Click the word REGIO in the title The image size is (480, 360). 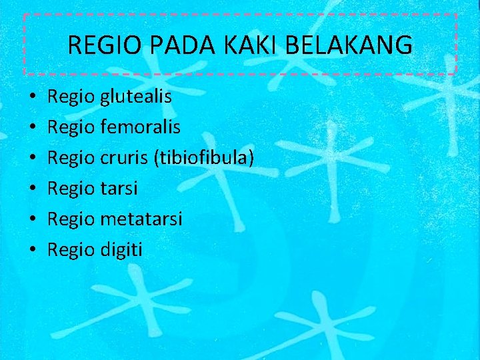point(97,45)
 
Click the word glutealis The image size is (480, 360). point(135,97)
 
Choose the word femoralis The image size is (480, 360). point(140,127)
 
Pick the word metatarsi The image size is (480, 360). point(141,219)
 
